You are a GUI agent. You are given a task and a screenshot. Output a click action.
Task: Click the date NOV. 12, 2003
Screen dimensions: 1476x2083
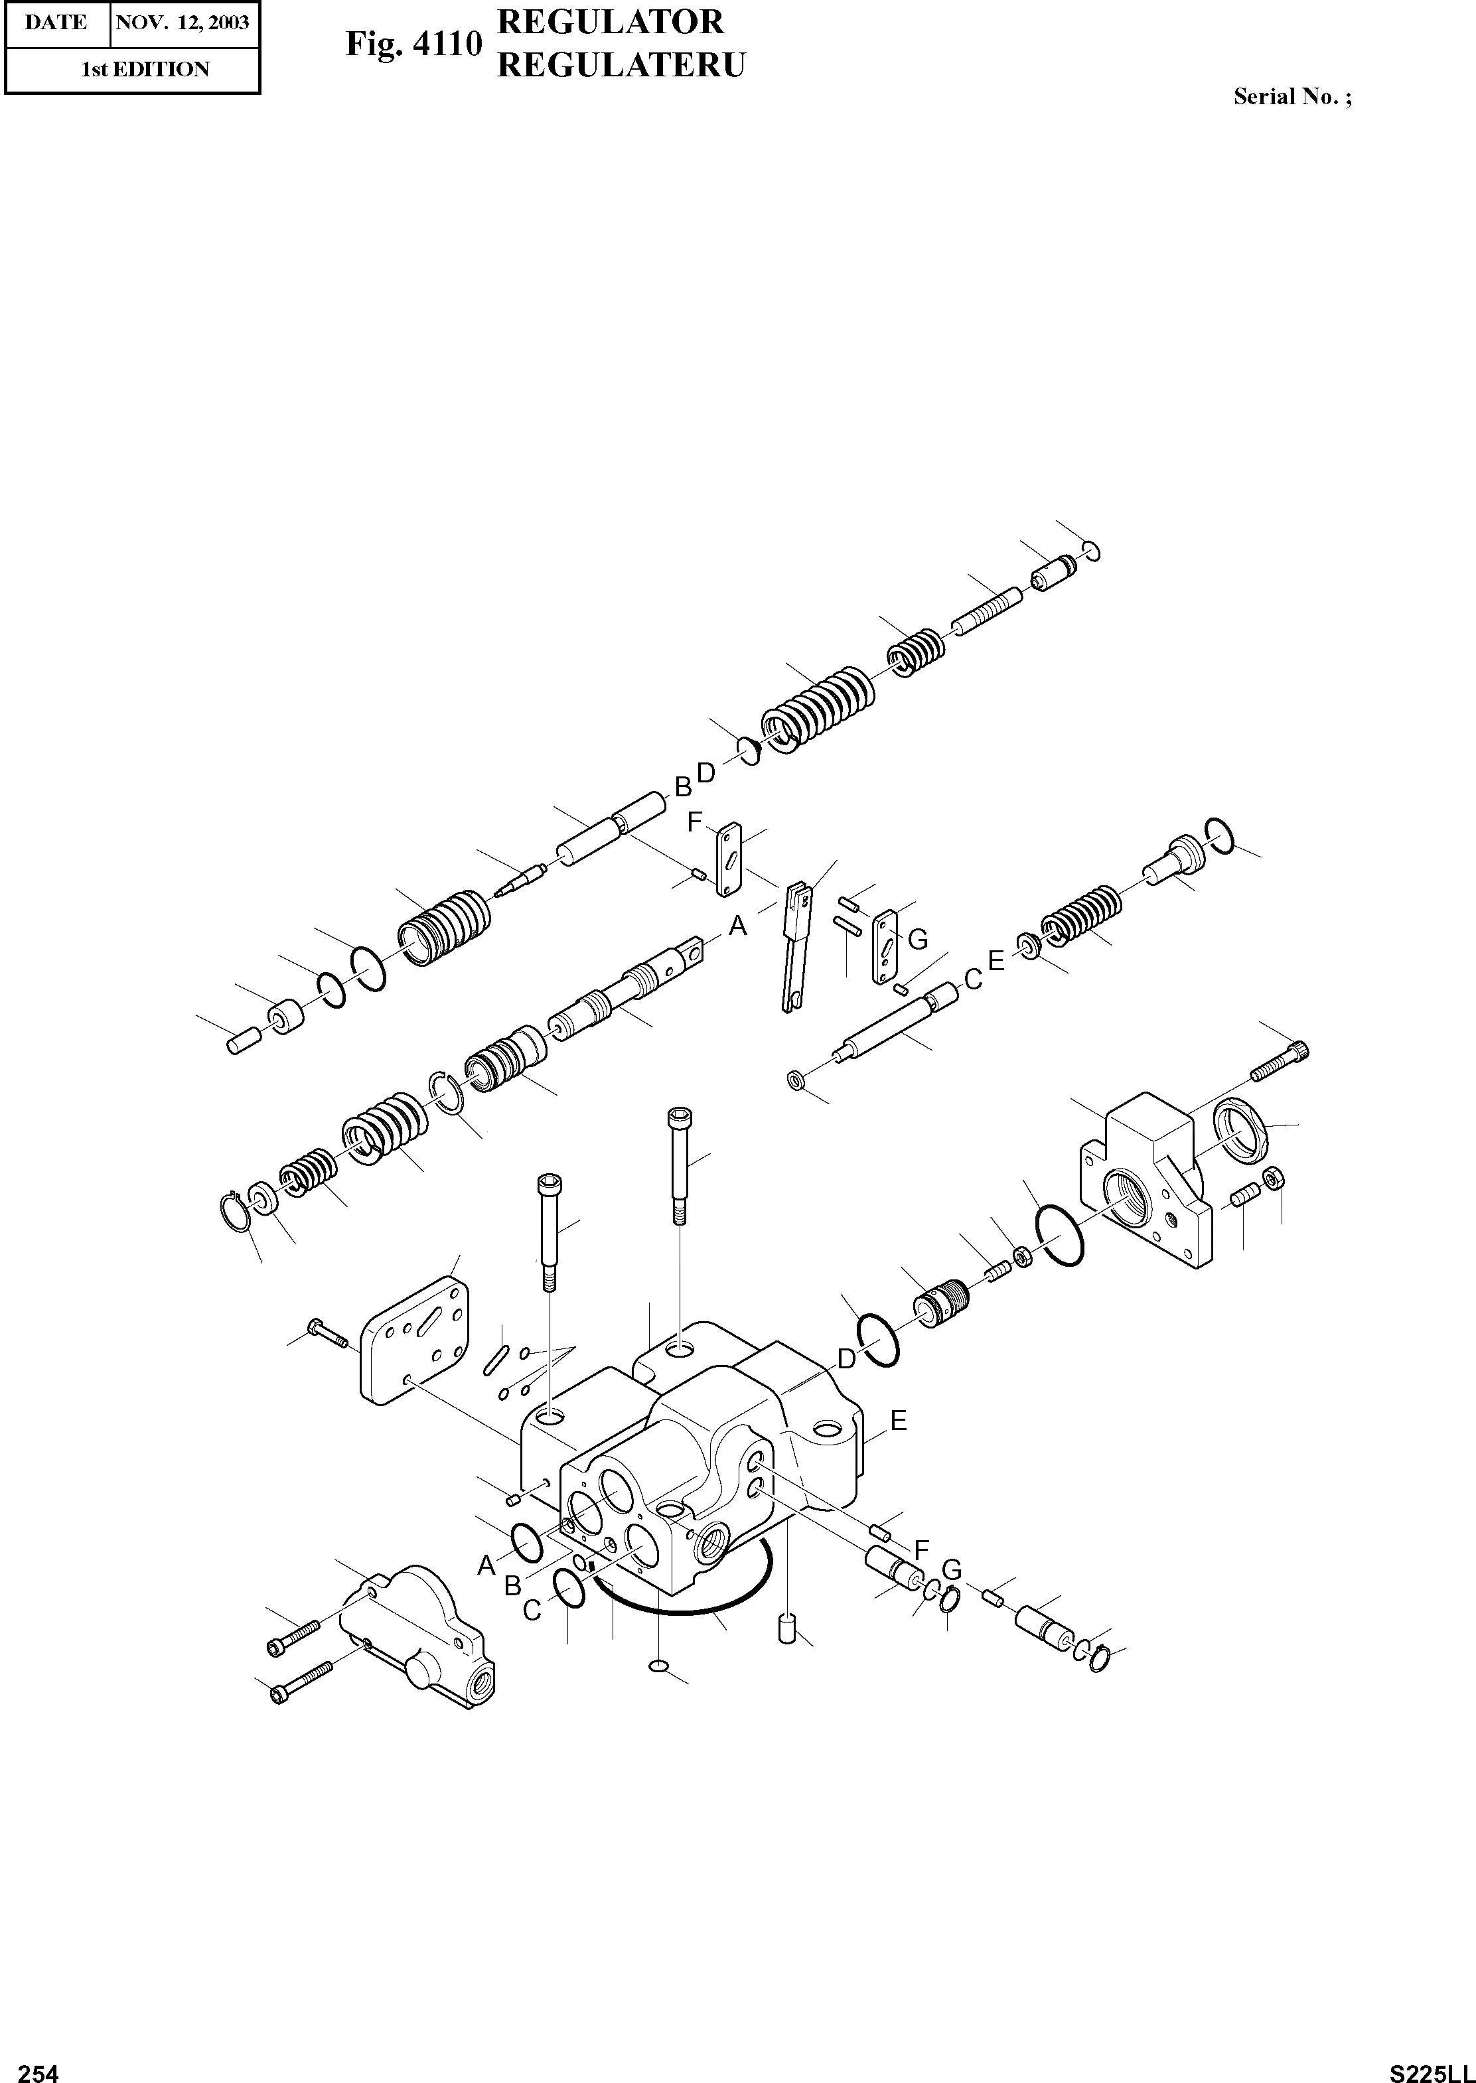point(182,22)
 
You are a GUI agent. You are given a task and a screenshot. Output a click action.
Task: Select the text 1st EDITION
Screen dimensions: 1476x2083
point(145,69)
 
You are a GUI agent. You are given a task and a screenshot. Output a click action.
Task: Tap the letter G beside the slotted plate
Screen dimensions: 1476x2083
point(918,940)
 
